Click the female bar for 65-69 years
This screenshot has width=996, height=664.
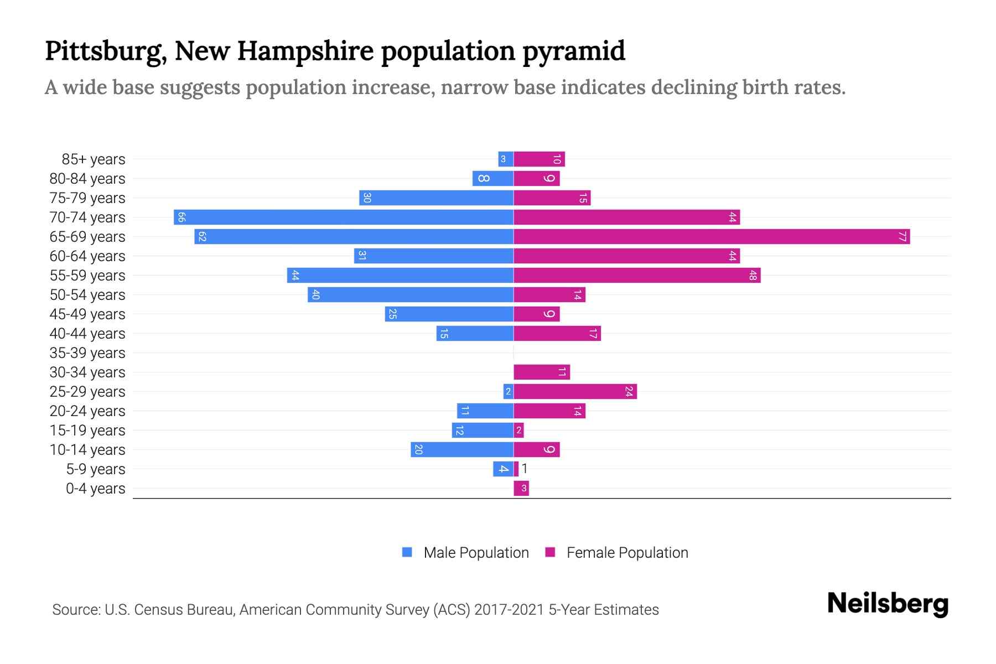(712, 237)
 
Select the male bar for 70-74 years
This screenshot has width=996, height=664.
(344, 217)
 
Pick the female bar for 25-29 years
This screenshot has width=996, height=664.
(575, 392)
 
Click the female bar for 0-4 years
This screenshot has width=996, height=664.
(521, 489)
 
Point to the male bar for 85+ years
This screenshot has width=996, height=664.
(506, 159)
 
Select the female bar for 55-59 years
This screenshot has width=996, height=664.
(637, 276)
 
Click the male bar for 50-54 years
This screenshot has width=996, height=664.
(411, 295)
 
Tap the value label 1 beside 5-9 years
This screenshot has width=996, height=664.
(525, 469)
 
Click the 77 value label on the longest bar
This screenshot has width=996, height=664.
(902, 237)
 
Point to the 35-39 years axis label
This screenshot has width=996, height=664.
(87, 353)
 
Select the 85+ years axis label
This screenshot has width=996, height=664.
(94, 159)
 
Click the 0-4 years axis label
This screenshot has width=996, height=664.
(95, 489)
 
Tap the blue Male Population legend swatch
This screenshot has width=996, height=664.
(407, 552)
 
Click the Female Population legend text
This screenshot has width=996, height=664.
(627, 553)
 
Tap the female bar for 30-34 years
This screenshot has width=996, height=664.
(542, 372)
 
